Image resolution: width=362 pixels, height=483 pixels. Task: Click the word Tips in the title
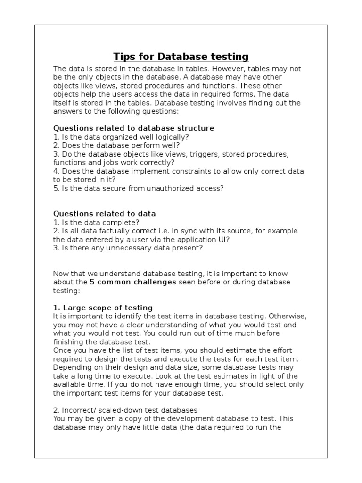click(124, 57)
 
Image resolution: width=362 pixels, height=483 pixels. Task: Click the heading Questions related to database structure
click(133, 128)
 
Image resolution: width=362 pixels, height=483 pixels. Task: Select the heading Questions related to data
click(104, 214)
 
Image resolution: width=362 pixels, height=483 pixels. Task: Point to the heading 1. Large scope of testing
click(103, 308)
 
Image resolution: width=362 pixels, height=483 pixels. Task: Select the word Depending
click(70, 367)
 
